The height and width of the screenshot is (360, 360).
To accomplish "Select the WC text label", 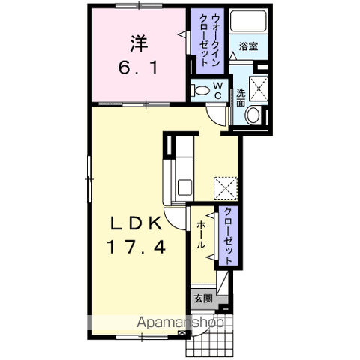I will pyautogui.click(x=216, y=90).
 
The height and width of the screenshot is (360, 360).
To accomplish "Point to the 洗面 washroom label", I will pyautogui.click(x=240, y=97).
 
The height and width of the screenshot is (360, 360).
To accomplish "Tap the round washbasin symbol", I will pyautogui.click(x=253, y=115).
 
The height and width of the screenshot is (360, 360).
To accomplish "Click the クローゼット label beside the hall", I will pyautogui.click(x=227, y=235).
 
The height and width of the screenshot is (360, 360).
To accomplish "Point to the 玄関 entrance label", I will pyautogui.click(x=202, y=298).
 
